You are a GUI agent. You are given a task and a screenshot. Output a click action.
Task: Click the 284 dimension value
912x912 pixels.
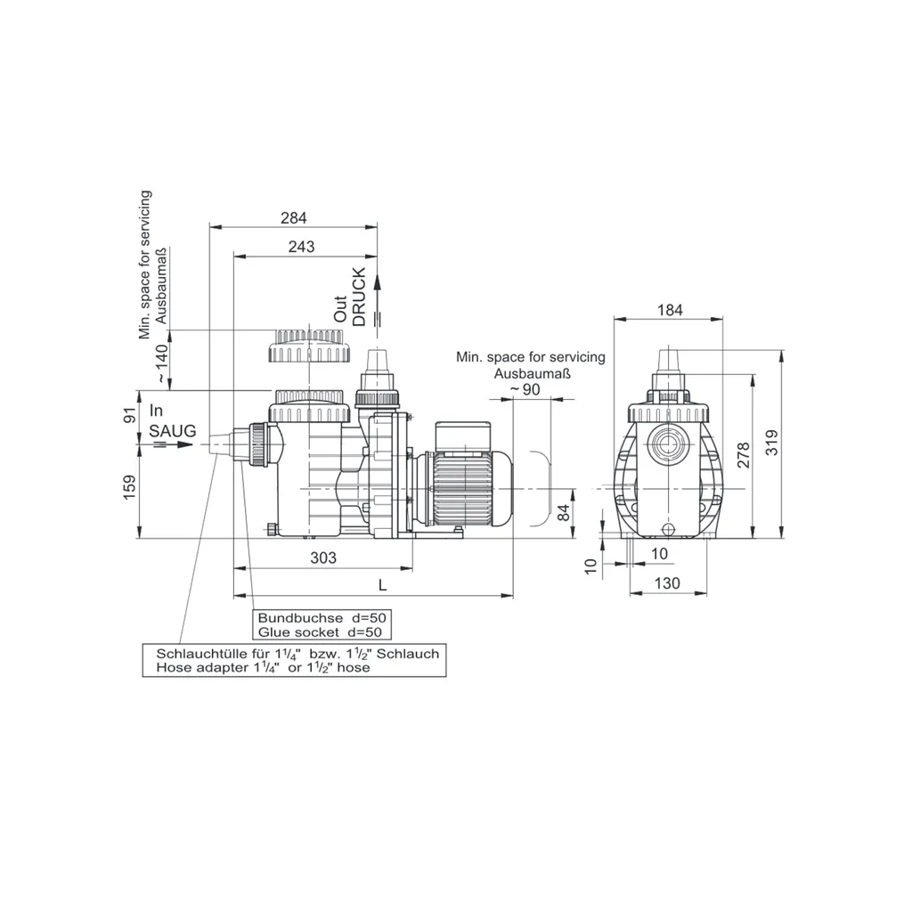[293, 217]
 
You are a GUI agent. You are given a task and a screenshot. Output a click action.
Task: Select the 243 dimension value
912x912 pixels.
[301, 247]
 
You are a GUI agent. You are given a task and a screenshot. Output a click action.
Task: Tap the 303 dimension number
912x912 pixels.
[323, 558]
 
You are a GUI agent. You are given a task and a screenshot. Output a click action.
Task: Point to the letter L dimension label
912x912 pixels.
[382, 585]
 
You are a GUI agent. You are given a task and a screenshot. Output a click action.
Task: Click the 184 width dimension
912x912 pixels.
[670, 310]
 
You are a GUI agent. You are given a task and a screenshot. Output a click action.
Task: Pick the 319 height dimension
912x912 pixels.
[771, 443]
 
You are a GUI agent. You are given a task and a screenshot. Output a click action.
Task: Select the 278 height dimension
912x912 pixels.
[744, 455]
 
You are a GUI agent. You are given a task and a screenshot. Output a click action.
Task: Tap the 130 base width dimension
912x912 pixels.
[666, 582]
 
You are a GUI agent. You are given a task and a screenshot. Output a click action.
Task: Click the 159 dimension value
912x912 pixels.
[129, 487]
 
